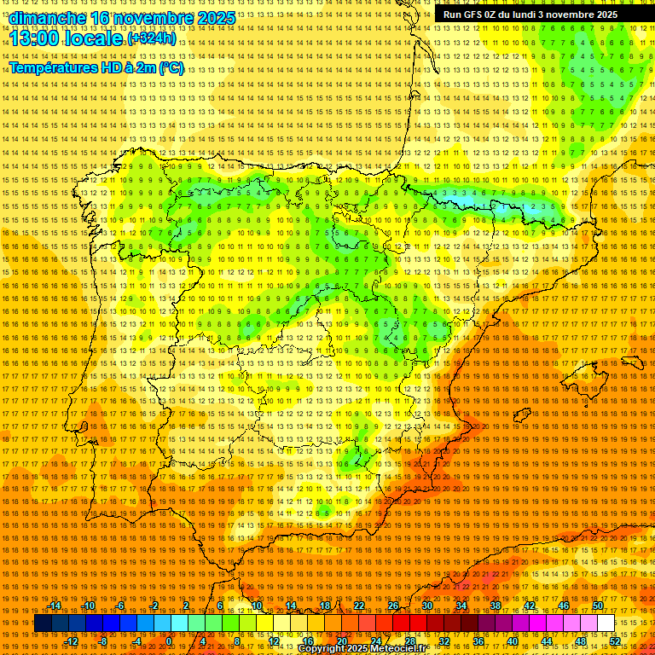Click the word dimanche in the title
47,17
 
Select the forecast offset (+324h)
152,38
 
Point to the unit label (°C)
171,68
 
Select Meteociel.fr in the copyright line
393,649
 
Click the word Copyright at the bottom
322,649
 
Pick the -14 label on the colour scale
55,606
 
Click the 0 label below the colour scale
169,641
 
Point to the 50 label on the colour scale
598,606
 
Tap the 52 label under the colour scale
615,641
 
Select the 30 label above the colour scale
427,606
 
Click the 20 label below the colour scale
341,641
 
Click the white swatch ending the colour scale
606,623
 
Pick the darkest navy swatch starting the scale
43,623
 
